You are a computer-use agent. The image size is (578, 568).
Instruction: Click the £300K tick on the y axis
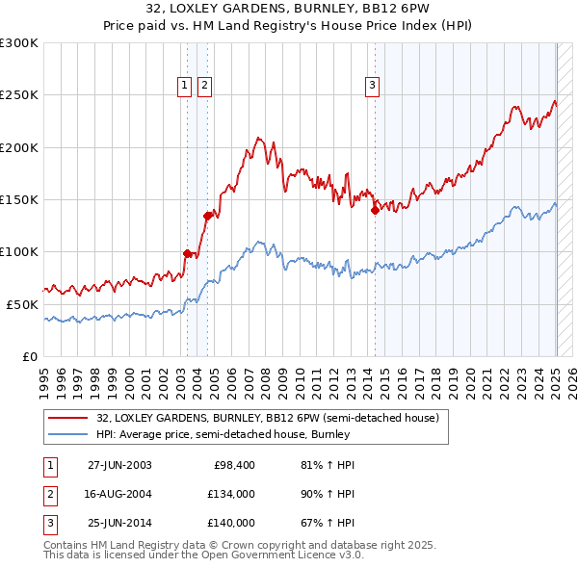coord(19,43)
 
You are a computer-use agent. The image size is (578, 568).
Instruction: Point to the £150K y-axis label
coord(19,199)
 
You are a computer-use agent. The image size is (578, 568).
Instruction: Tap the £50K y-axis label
coord(22,304)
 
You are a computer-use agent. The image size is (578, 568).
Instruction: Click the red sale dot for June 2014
coord(375,211)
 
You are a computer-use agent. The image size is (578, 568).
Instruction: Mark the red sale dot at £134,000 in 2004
coord(207,217)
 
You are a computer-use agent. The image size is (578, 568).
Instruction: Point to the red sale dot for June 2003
coord(188,253)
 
